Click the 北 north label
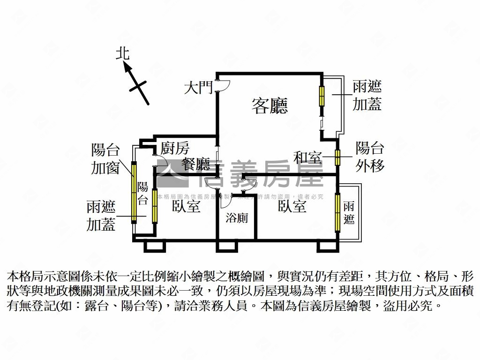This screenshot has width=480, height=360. [123, 54]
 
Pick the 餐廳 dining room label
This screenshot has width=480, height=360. [196, 164]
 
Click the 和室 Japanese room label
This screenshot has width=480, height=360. [308, 157]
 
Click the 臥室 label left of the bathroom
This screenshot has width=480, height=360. [186, 206]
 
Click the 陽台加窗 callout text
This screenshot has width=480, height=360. [105, 159]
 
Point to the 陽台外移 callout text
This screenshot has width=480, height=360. [370, 157]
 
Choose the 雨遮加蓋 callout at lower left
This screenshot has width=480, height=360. [101, 216]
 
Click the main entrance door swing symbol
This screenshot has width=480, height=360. [222, 86]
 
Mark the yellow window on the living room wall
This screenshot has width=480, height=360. [322, 97]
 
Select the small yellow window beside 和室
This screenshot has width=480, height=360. [337, 157]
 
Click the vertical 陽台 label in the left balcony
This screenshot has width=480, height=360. [143, 194]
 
